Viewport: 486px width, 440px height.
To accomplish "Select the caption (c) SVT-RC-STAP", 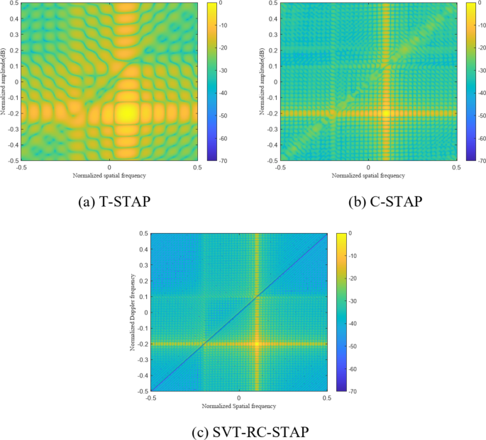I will pos(238,431).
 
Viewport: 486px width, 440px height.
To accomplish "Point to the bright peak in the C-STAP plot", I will pos(386,113).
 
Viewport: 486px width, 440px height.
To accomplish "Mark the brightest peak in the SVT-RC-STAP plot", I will pos(256,344).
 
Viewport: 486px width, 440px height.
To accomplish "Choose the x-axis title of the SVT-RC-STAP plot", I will pos(238,405).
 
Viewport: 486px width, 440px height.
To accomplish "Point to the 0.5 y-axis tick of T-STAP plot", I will pos(13,4).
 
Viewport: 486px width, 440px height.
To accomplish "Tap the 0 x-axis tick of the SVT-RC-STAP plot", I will pos(238,397).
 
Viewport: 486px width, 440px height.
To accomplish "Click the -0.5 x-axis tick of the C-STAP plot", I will pos(281,167).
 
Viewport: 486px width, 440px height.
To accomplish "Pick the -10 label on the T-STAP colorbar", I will pos(226,26).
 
